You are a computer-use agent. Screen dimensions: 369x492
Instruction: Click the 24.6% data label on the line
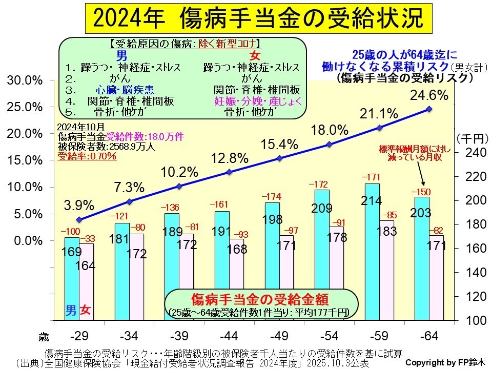tap(429, 95)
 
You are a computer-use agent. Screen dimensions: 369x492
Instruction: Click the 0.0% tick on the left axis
tap(27, 240)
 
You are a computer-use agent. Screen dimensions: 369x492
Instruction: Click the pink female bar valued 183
tap(387, 272)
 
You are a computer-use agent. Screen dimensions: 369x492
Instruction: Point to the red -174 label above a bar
tap(273, 197)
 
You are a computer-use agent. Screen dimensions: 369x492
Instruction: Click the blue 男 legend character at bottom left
tap(71, 310)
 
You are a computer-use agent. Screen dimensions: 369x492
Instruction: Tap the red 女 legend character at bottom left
tap(86, 310)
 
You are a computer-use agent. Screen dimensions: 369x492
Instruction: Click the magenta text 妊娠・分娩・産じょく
tap(258, 100)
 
